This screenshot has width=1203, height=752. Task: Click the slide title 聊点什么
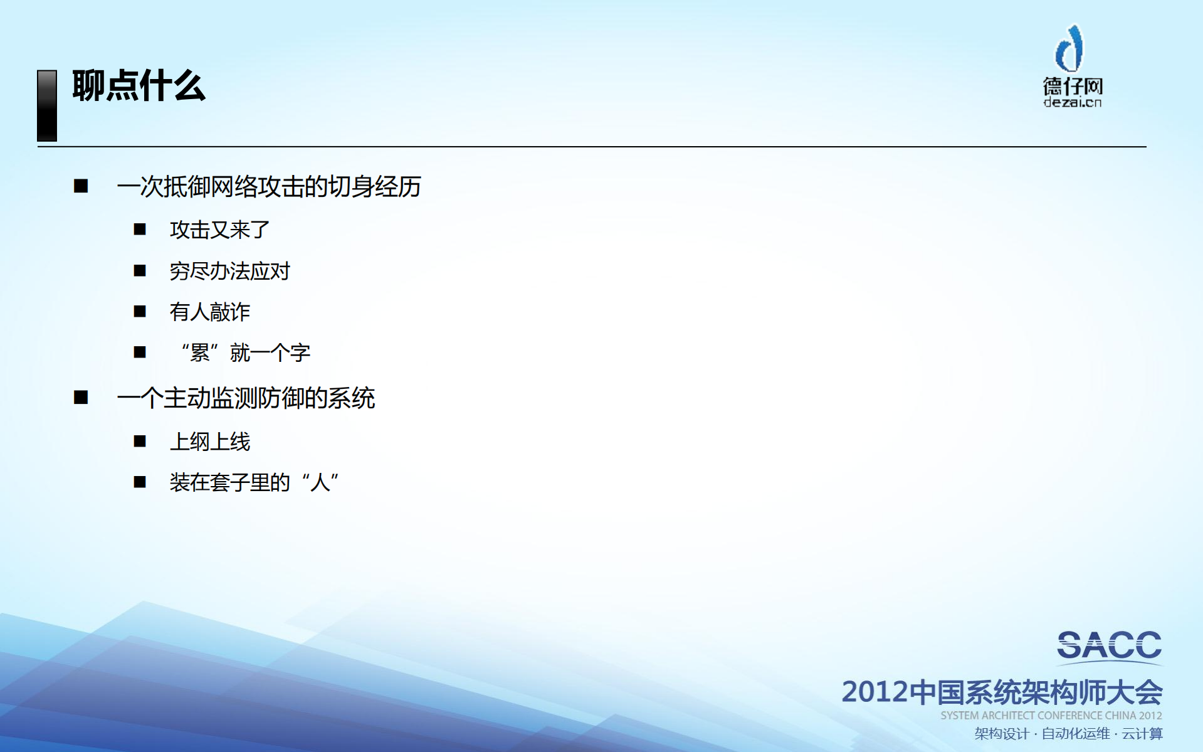[x=139, y=86]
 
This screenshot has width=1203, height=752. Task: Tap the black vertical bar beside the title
[x=47, y=105]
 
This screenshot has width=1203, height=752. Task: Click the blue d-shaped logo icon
[x=1069, y=48]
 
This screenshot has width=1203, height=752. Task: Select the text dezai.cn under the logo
[x=1072, y=102]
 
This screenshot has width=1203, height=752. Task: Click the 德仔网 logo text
[x=1073, y=86]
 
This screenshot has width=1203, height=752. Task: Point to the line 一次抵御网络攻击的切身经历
[x=268, y=186]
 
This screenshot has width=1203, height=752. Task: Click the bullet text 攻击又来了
[x=219, y=230]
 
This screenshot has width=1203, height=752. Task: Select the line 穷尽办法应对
[x=229, y=271]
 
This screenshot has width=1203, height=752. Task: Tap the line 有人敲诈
[x=209, y=312]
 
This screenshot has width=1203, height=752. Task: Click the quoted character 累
[x=200, y=352]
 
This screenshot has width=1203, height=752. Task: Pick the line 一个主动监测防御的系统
[x=246, y=398]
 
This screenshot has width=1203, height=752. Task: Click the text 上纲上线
[x=209, y=442]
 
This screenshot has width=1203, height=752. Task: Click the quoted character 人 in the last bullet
[x=320, y=482]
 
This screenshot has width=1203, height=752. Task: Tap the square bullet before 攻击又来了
[x=140, y=230]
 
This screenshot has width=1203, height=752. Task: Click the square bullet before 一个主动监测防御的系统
[x=81, y=398]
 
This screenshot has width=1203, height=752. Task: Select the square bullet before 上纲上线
[x=140, y=442]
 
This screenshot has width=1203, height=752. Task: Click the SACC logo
[x=1108, y=646]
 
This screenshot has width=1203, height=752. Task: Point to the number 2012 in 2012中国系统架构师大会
[x=875, y=692]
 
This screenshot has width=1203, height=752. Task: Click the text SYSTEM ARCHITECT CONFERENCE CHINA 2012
[x=1051, y=716]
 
